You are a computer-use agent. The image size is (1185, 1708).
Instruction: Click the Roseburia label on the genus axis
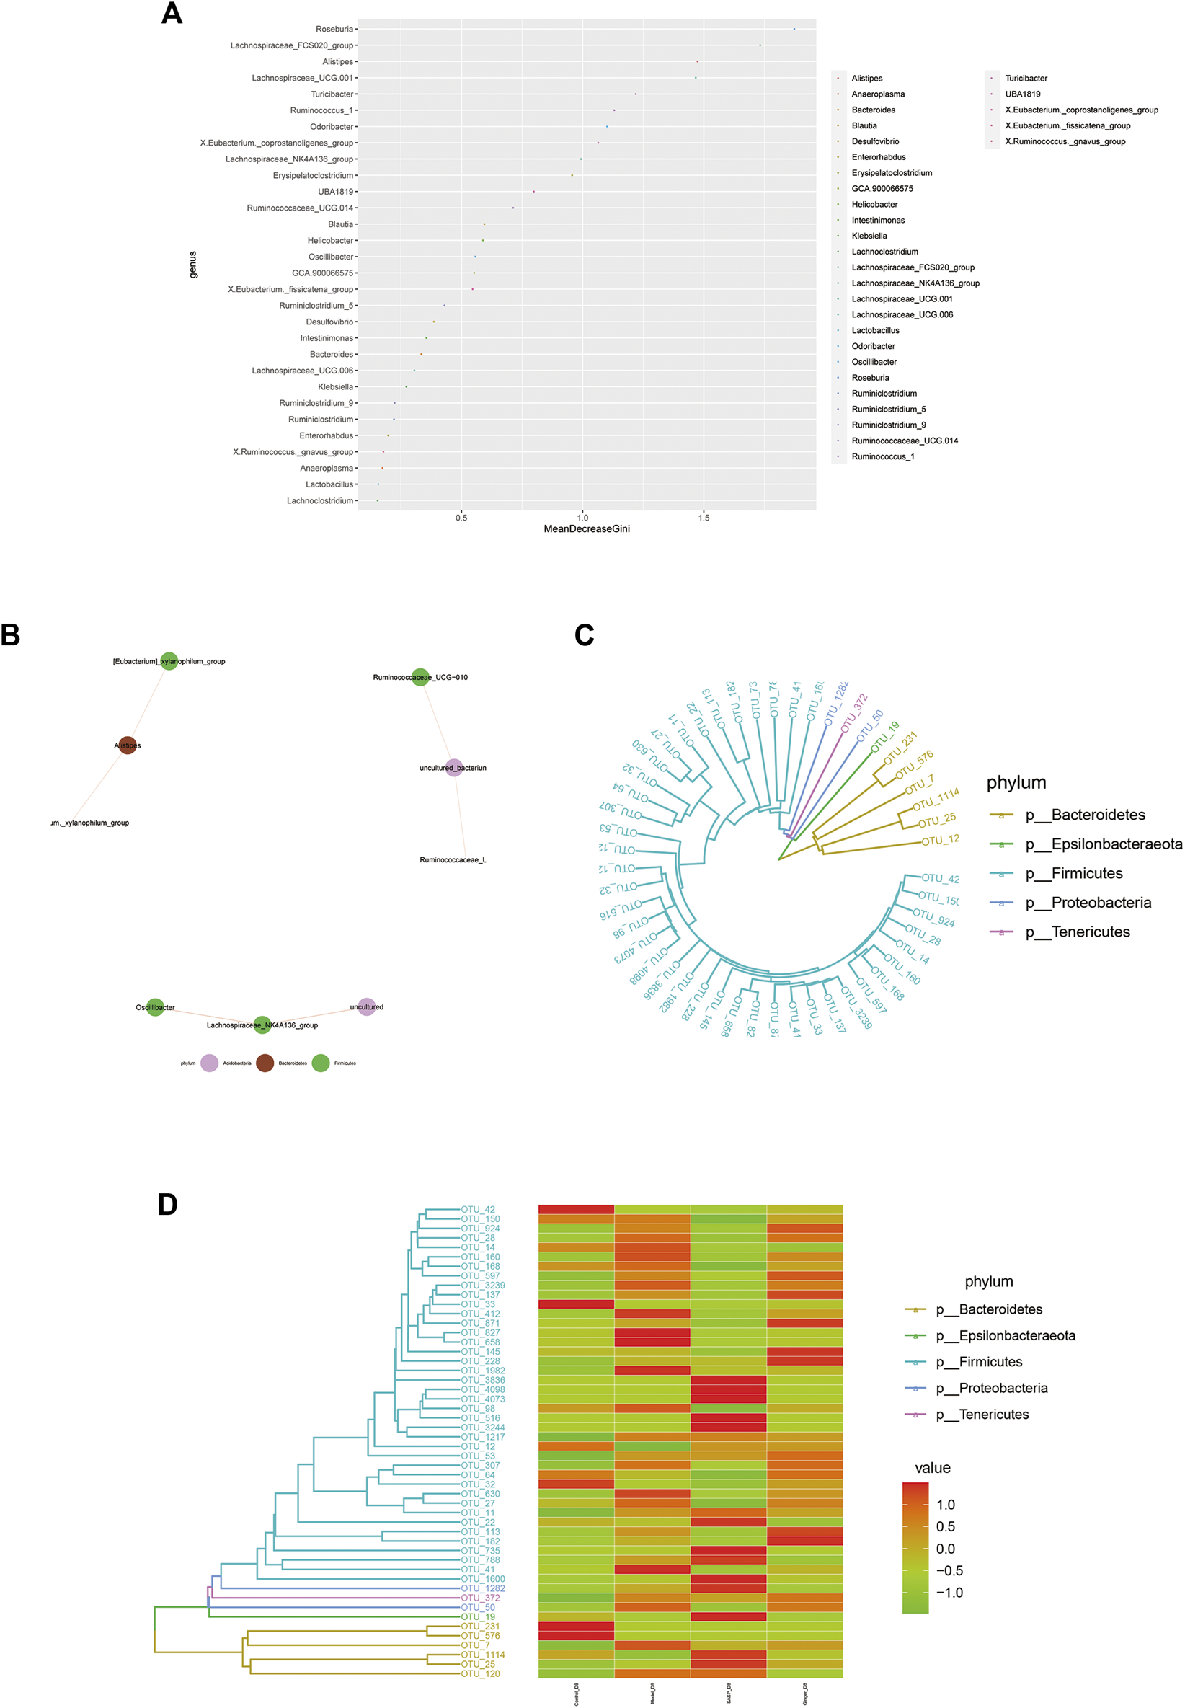[x=334, y=29]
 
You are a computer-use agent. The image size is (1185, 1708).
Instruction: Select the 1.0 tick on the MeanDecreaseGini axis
[x=582, y=518]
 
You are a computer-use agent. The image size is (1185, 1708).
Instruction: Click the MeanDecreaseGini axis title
[x=587, y=528]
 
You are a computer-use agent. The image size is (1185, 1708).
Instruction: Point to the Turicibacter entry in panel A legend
[x=1026, y=78]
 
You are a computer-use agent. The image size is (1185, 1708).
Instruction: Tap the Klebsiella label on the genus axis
[x=336, y=387]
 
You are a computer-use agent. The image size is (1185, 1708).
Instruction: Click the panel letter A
[x=172, y=14]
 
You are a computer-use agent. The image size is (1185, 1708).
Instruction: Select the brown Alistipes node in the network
[x=128, y=745]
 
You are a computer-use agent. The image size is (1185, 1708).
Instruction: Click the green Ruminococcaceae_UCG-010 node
[x=420, y=676]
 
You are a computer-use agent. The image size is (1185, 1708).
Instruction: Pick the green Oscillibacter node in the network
[x=155, y=1007]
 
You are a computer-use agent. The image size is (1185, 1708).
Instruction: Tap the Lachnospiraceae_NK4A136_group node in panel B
[x=262, y=1025]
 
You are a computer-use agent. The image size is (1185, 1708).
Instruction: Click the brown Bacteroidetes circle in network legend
[x=265, y=1063]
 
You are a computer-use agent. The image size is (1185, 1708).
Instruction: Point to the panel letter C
[x=585, y=635]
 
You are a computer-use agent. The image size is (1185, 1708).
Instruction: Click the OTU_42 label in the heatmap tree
[x=477, y=1210]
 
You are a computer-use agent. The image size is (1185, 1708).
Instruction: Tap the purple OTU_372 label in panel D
[x=479, y=1598]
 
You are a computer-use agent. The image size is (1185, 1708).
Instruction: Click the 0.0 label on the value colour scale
[x=945, y=1549]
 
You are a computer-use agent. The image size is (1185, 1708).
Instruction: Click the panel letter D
[x=168, y=1205]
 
